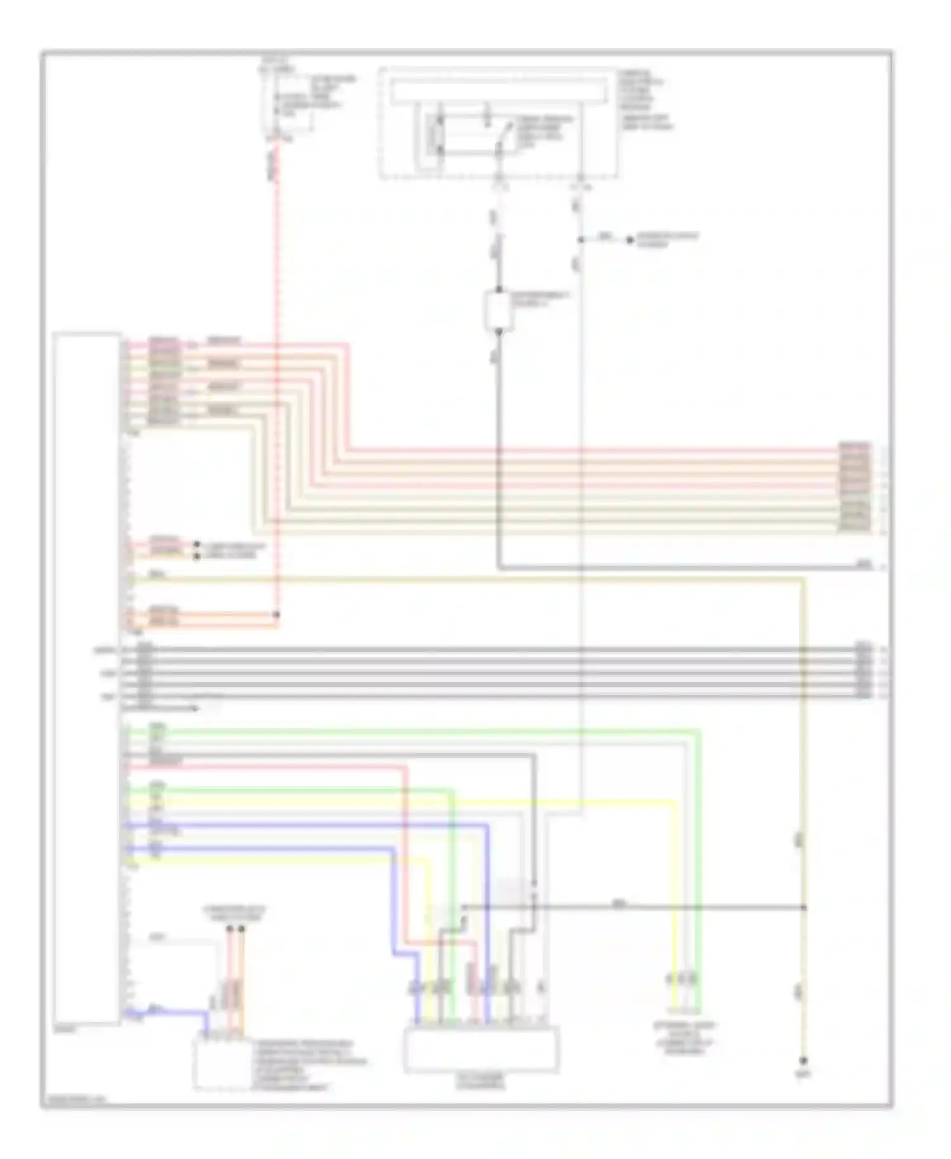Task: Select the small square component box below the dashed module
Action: [x=498, y=310]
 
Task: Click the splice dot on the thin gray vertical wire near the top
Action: [x=580, y=240]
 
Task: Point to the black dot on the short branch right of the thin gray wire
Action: [x=630, y=240]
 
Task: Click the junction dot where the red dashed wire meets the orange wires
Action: [x=276, y=614]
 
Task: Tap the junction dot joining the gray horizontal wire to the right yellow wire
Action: [x=804, y=907]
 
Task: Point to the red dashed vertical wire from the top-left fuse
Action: [x=276, y=380]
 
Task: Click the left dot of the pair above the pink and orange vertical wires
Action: [x=230, y=929]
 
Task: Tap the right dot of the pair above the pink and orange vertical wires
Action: [x=241, y=929]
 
